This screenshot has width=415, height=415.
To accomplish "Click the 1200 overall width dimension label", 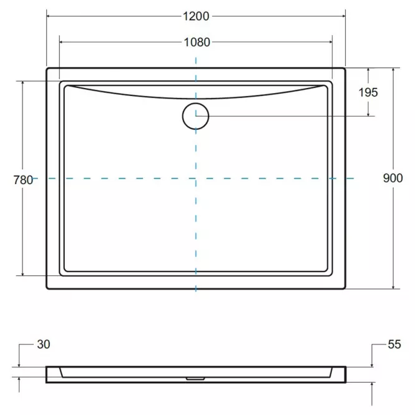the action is tap(196, 16).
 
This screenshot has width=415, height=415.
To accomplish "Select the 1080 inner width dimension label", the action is tap(197, 42).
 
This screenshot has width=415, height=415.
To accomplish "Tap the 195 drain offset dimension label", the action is tap(368, 92).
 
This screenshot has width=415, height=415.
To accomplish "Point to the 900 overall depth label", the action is tap(393, 178).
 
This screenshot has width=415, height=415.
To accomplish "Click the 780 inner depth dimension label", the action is tap(23, 180).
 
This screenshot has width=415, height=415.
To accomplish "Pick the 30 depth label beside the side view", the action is tap(44, 344).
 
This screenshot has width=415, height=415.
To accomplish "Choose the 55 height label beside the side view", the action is tap(394, 344).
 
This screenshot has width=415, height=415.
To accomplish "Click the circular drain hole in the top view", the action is tap(195, 117).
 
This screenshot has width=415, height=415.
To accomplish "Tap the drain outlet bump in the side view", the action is tap(195, 379).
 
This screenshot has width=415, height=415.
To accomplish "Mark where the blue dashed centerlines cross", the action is tap(196, 178).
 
